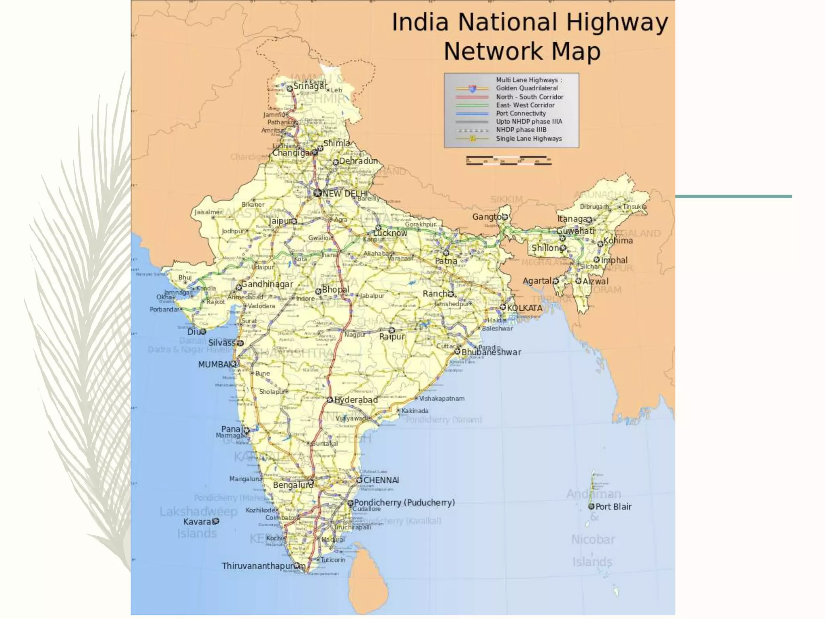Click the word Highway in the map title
click(617, 23)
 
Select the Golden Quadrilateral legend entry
click(527, 88)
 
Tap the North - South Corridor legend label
click(529, 97)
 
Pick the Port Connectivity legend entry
click(520, 114)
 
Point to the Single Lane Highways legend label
click(529, 139)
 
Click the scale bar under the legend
click(508, 161)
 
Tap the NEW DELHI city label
click(345, 194)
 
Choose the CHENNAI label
click(381, 480)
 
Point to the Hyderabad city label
click(356, 400)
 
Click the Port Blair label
click(613, 507)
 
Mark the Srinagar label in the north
click(310, 86)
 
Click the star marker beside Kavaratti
click(216, 521)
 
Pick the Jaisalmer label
click(208, 212)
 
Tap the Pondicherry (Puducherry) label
click(404, 503)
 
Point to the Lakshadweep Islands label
click(198, 522)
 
